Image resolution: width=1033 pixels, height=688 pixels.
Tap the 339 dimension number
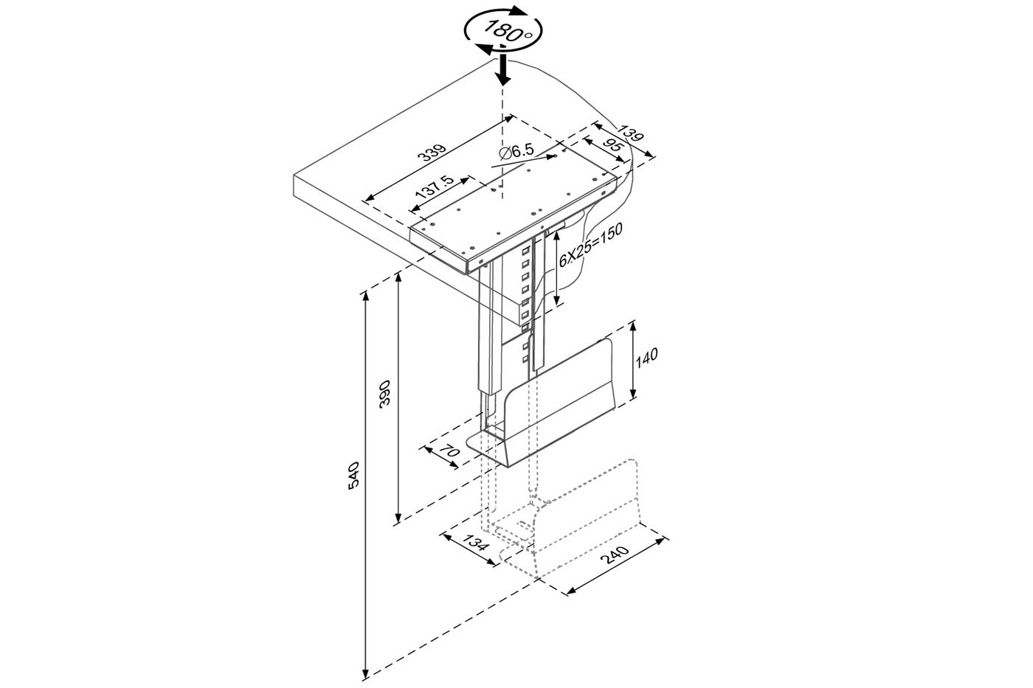[x=432, y=153]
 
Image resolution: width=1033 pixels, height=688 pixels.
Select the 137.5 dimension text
[x=435, y=186]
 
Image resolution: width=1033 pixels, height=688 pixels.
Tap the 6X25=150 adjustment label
[x=590, y=245]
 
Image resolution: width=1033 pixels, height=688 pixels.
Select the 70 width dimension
[x=449, y=451]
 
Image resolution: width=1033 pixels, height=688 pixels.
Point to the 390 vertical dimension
[x=384, y=392]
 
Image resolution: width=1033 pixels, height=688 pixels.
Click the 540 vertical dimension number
[x=353, y=475]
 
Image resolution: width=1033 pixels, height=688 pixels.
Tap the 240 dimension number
[x=615, y=555]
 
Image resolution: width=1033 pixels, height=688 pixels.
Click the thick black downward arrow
[x=503, y=69]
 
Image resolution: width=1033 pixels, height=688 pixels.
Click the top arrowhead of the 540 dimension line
[x=366, y=296]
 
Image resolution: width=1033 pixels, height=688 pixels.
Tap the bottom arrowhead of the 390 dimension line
[x=398, y=520]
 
